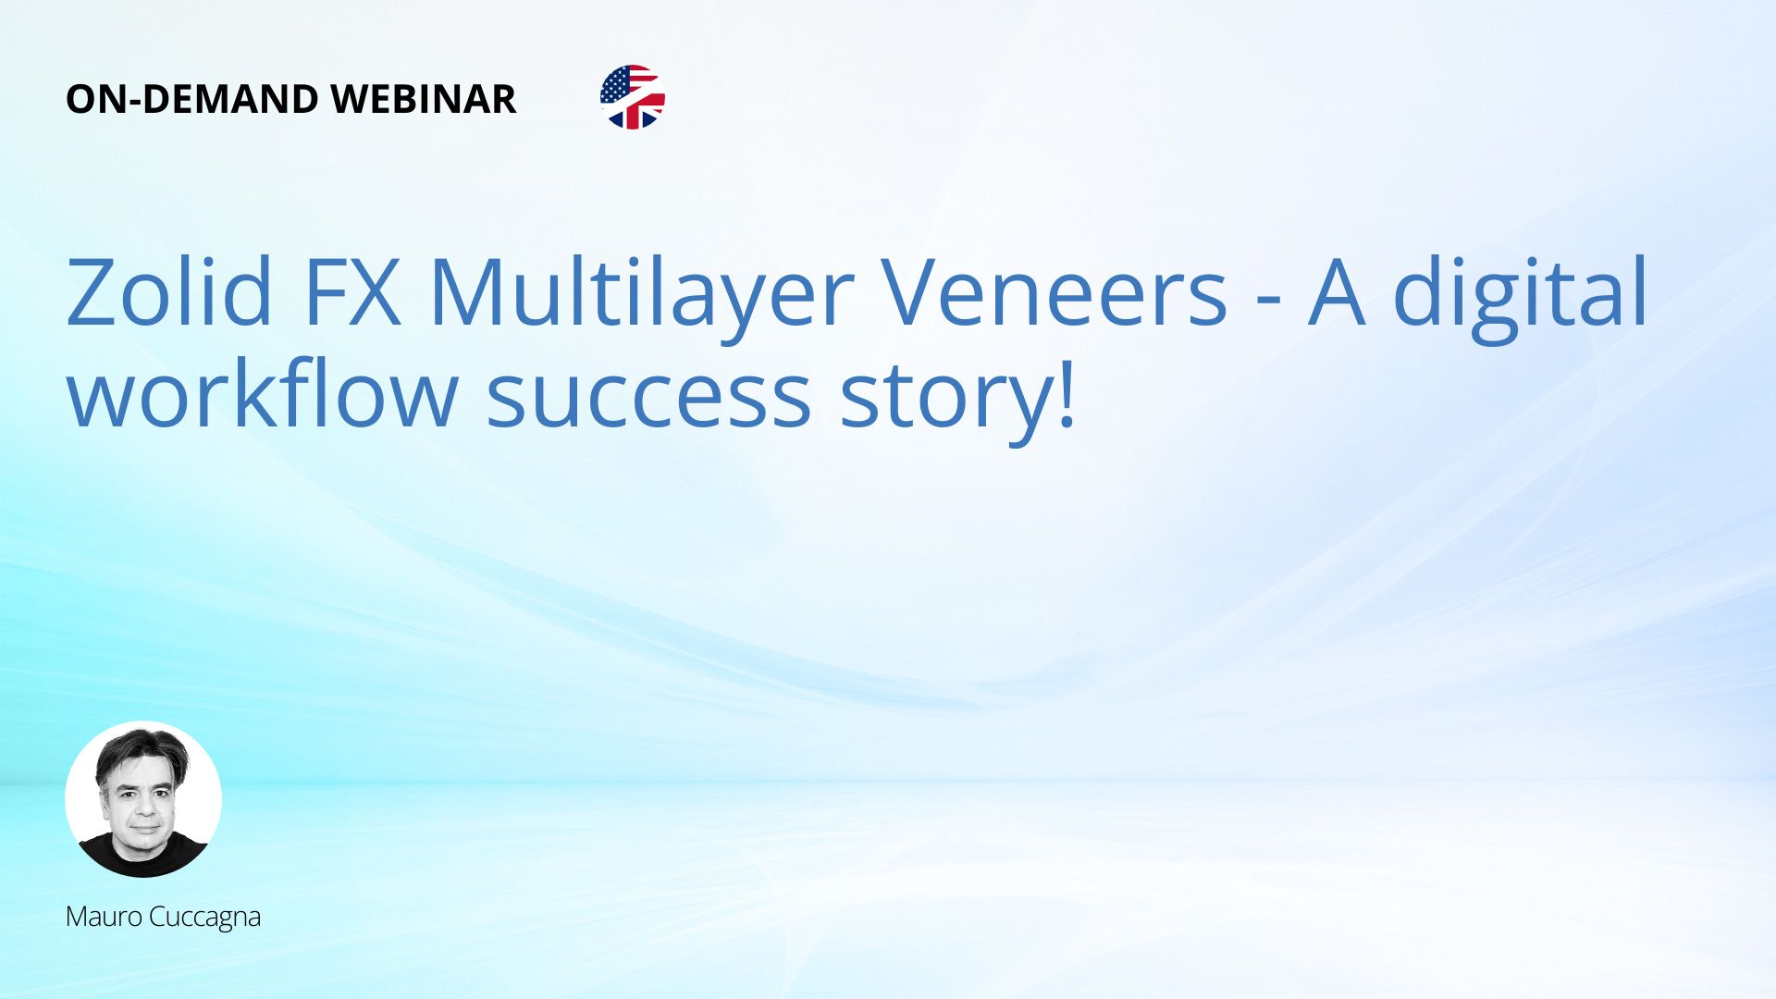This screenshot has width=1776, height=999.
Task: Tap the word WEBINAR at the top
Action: [423, 99]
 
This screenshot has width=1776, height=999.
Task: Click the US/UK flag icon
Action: [633, 97]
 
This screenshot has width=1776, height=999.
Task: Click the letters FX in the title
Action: [352, 292]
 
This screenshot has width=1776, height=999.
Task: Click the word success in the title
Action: [648, 400]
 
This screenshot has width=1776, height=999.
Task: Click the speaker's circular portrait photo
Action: [143, 799]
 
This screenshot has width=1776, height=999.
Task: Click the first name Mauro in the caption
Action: [104, 917]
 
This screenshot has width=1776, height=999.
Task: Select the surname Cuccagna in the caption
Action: [204, 919]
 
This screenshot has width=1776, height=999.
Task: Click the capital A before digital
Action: [1337, 292]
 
